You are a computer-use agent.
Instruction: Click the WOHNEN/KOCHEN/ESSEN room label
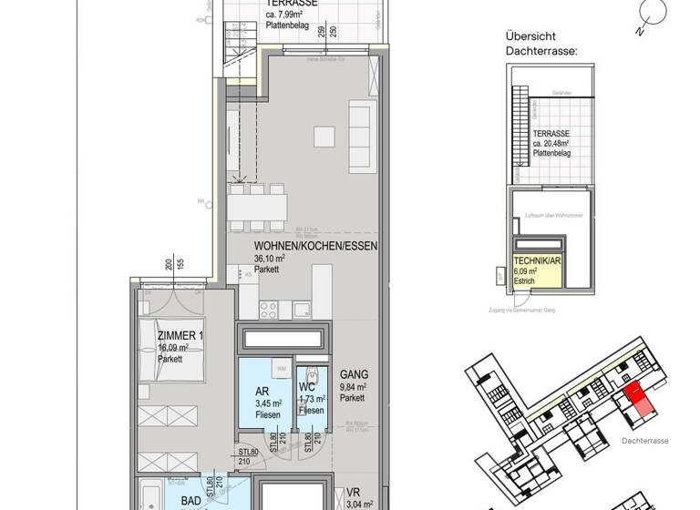(315, 246)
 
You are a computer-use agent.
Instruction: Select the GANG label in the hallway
(354, 374)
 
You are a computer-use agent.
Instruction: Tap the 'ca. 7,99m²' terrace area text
(288, 15)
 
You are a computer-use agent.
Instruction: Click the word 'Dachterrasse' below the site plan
(643, 440)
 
